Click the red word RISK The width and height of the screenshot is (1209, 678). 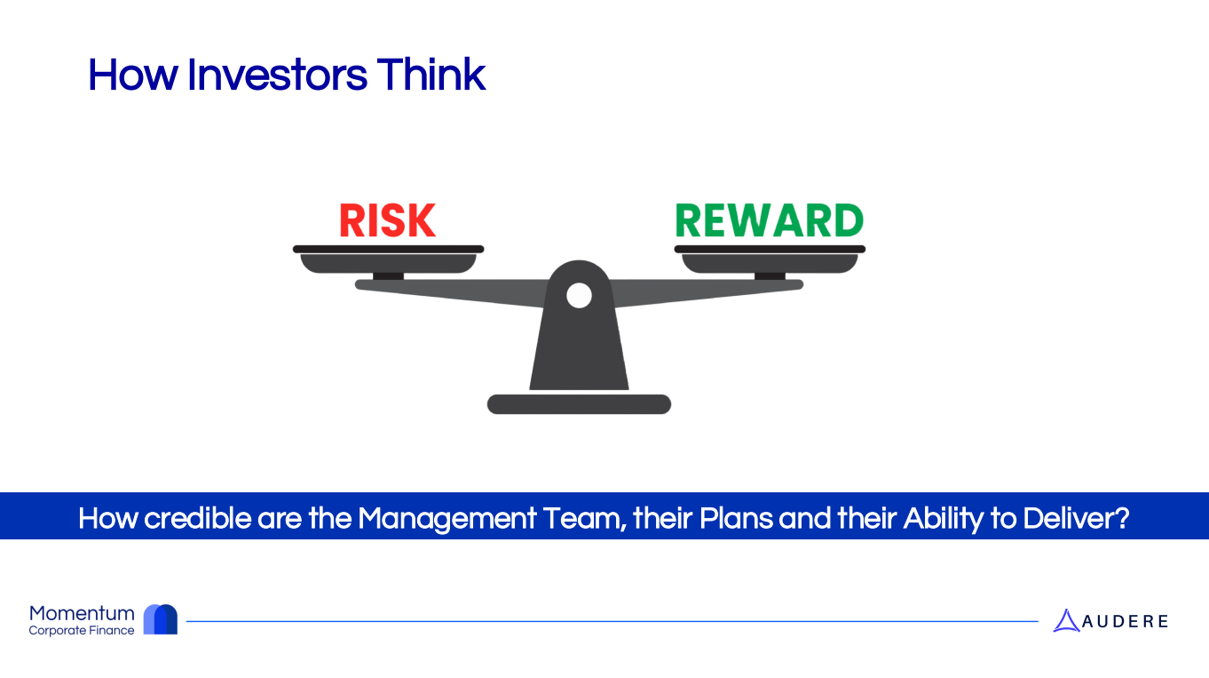pyautogui.click(x=388, y=220)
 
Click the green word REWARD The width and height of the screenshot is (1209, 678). pyautogui.click(x=769, y=220)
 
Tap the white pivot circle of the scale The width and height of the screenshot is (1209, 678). pyautogui.click(x=579, y=296)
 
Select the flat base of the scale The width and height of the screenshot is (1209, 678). pyautogui.click(x=579, y=404)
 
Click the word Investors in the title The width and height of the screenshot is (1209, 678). pyautogui.click(x=278, y=75)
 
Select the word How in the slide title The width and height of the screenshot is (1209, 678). pyautogui.click(x=133, y=75)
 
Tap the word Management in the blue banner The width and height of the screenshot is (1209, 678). pyautogui.click(x=446, y=519)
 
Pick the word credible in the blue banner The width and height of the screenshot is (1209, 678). pyautogui.click(x=198, y=518)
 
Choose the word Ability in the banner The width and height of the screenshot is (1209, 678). pyautogui.click(x=944, y=519)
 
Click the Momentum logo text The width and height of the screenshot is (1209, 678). pyautogui.click(x=82, y=614)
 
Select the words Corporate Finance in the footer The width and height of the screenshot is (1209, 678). pyautogui.click(x=82, y=630)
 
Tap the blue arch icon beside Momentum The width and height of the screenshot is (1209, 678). pyautogui.click(x=161, y=619)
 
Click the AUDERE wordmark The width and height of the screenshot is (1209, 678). pyautogui.click(x=1126, y=621)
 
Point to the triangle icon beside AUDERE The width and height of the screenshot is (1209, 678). pyautogui.click(x=1066, y=621)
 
